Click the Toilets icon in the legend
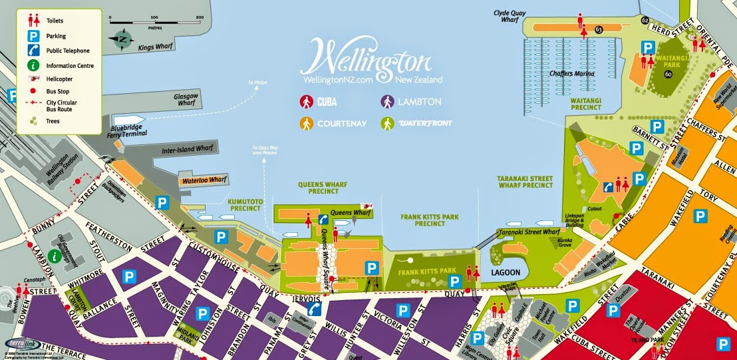(31, 21)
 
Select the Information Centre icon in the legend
(31, 65)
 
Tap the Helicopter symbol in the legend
(31, 79)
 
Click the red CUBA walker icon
(307, 102)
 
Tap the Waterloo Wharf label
(204, 180)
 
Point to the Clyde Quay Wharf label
(515, 16)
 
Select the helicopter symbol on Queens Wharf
(365, 207)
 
